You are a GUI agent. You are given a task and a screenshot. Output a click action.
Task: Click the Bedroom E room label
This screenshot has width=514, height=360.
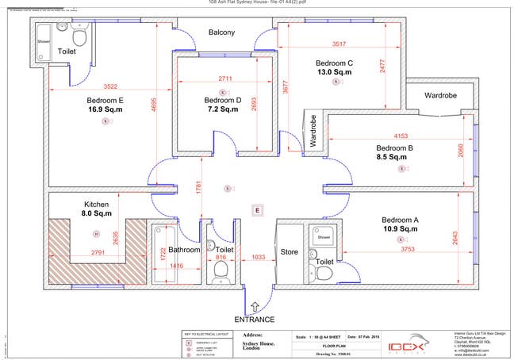tap(105, 101)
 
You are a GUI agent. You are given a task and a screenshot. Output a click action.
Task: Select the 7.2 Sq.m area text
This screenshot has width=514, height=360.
tap(222, 109)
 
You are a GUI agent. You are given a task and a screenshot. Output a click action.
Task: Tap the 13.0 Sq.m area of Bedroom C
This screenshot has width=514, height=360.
tap(334, 72)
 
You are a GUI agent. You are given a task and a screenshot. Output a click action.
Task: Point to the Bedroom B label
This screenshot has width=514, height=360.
tap(395, 147)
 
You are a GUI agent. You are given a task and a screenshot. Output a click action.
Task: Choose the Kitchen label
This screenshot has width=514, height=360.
tap(97, 204)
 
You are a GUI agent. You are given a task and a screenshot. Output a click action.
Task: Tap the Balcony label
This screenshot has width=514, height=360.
tap(221, 33)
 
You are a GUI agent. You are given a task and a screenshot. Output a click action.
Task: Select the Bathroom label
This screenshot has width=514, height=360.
tap(183, 250)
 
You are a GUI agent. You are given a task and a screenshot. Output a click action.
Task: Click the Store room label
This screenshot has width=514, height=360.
tap(290, 252)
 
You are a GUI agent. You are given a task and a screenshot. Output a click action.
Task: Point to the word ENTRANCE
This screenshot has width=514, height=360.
tap(255, 319)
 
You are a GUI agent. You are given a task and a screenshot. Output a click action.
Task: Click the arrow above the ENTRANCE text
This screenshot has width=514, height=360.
tap(255, 306)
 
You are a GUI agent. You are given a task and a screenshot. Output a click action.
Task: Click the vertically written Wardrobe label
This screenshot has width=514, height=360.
tap(313, 131)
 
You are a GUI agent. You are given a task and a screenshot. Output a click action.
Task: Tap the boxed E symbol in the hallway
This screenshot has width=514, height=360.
tap(256, 210)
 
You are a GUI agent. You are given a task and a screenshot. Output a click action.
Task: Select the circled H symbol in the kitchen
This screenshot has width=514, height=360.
tap(96, 233)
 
